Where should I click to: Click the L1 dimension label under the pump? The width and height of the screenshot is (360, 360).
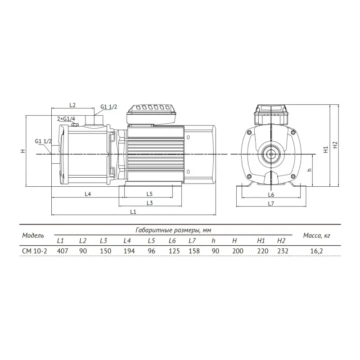133,211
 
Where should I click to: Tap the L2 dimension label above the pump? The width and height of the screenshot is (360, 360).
72,105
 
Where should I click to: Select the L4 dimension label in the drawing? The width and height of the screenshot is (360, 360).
88,194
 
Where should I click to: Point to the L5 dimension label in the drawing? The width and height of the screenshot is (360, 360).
149,194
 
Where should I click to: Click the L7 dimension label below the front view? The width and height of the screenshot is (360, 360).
271,203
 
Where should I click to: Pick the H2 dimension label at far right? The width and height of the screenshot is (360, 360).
335,144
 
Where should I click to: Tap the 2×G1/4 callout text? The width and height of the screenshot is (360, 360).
66,119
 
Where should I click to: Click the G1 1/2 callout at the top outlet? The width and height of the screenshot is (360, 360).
108,107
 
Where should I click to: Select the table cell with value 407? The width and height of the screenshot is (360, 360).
63,251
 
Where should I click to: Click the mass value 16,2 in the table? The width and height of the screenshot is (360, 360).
317,251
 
